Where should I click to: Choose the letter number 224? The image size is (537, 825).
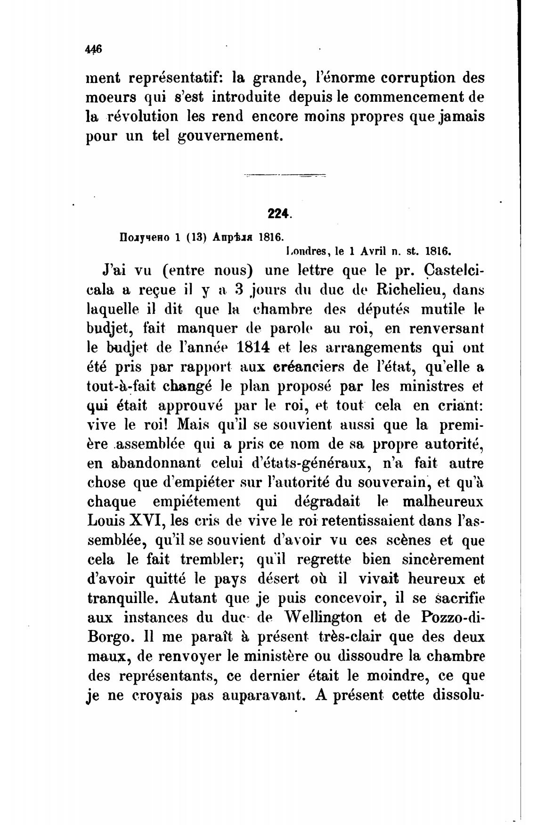click(278, 213)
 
